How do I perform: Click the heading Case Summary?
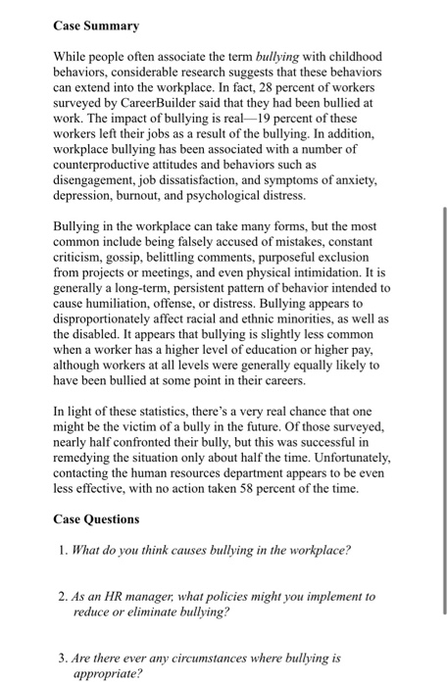[95, 25]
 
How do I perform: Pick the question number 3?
[62, 660]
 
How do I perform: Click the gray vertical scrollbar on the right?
[443, 412]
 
